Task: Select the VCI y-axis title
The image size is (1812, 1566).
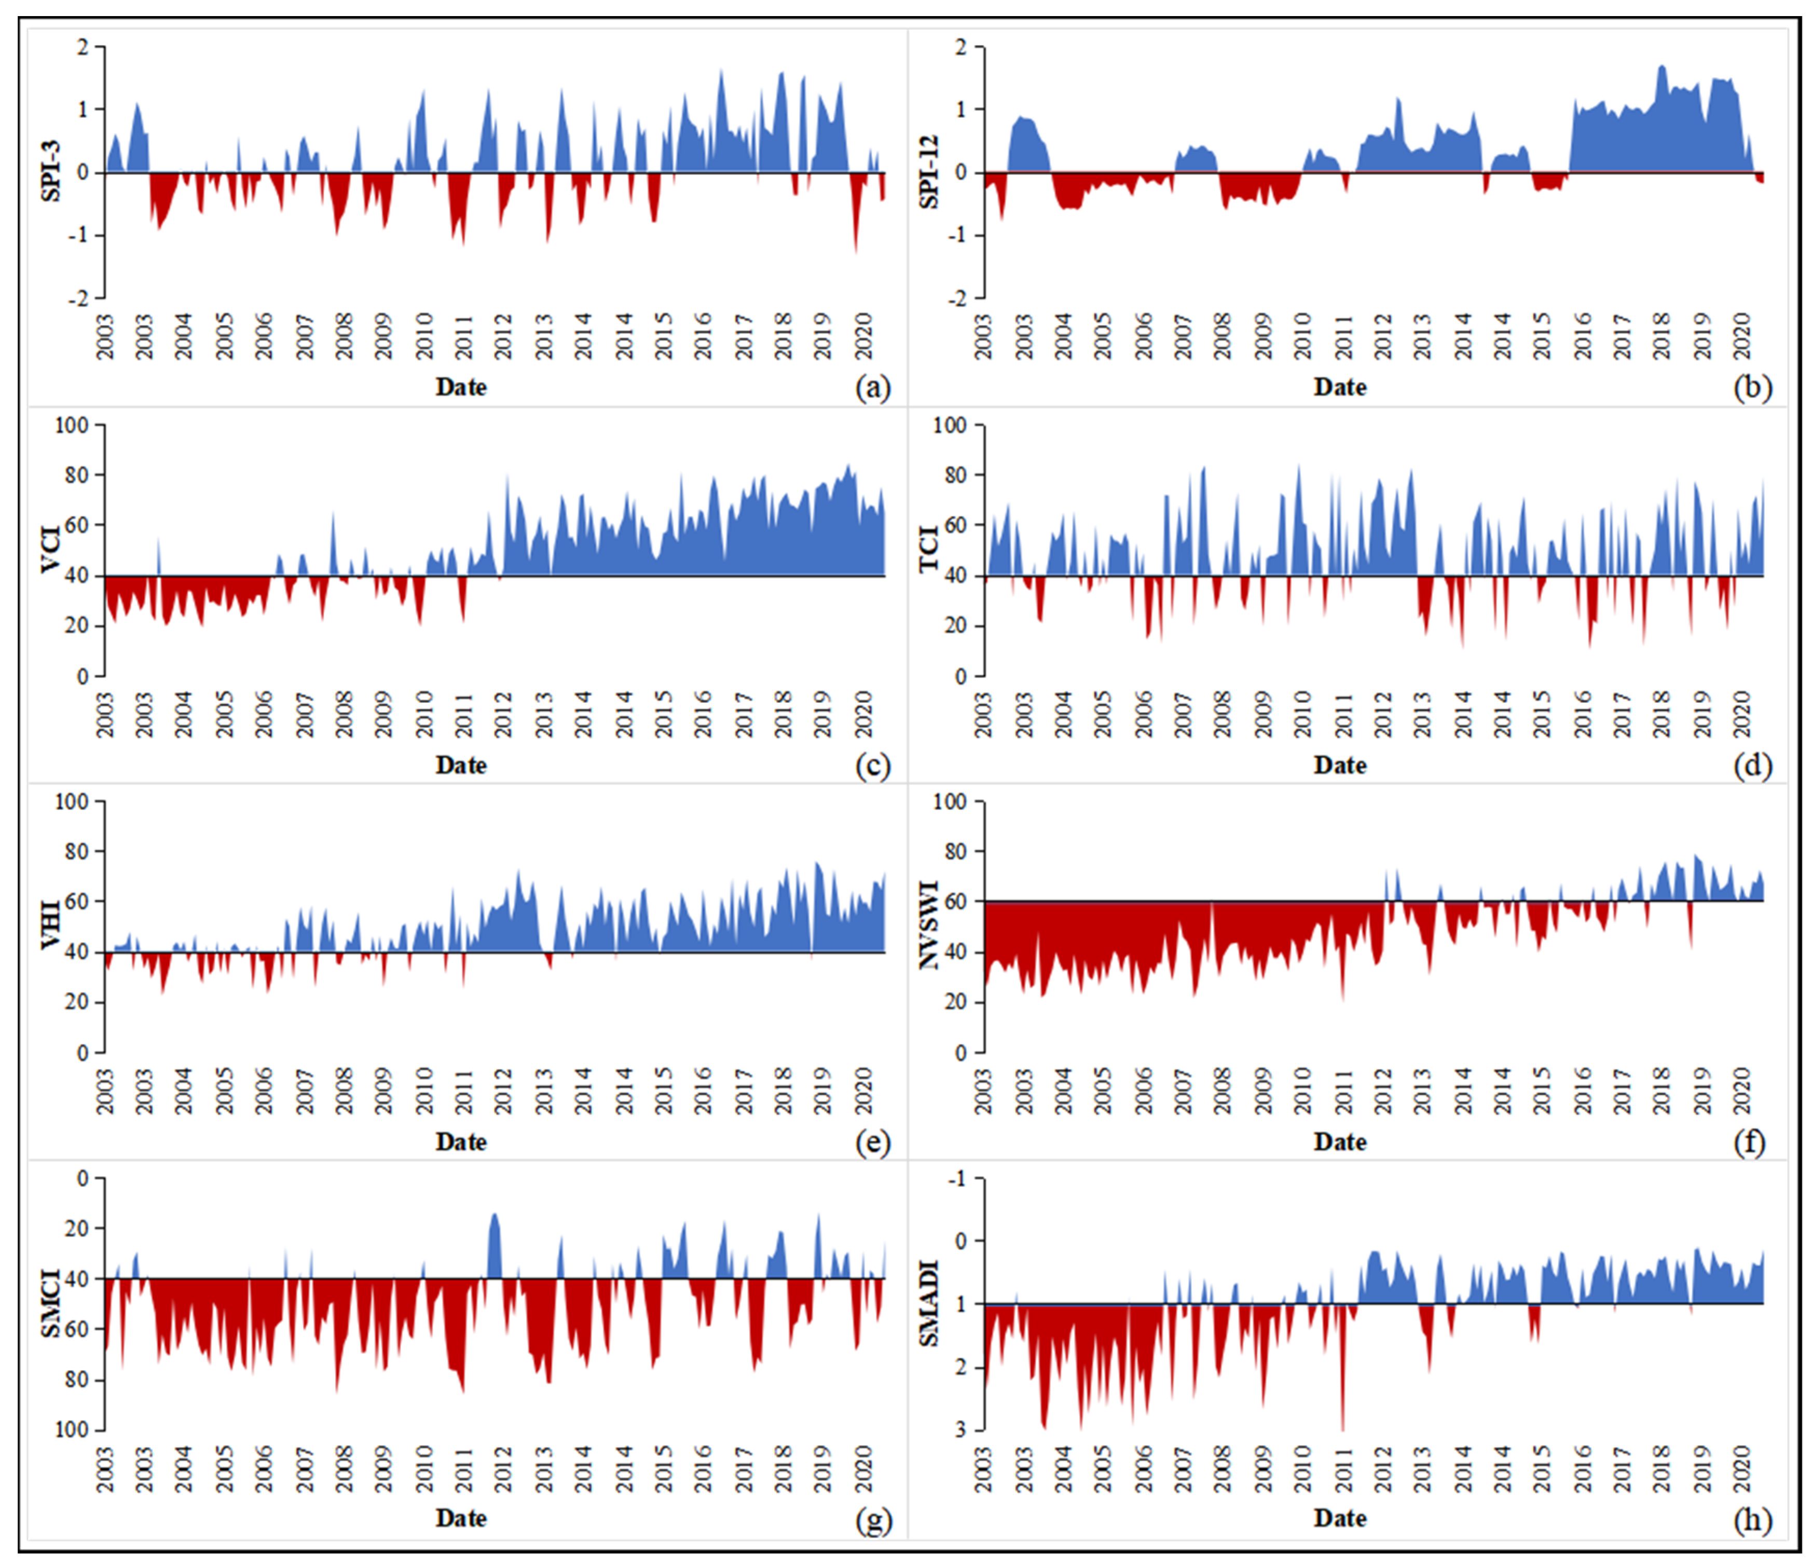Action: [51, 549]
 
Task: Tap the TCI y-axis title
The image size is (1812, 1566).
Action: [930, 549]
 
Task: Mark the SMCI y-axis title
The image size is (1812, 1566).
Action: [51, 1303]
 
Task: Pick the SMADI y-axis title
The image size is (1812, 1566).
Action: [930, 1303]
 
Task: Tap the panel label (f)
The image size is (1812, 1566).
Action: [1749, 1142]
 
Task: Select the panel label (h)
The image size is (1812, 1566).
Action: [1752, 1520]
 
